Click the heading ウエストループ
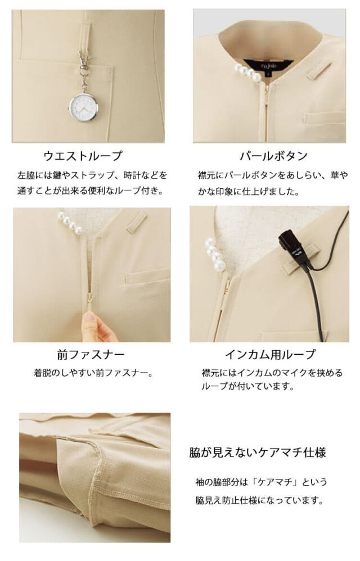pos(83,156)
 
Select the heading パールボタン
pos(274,156)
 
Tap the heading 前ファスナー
pos(91,355)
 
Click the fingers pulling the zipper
pos(98,326)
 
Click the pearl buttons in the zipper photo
pos(70,223)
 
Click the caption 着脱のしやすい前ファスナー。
pos(93,373)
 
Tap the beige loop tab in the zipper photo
pos(136,221)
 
